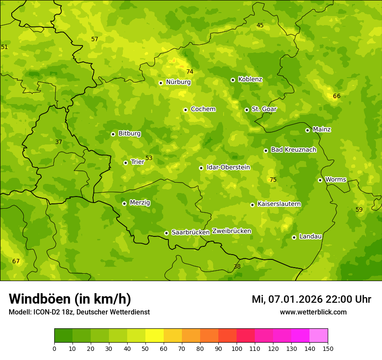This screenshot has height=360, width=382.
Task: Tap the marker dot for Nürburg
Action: (x=161, y=83)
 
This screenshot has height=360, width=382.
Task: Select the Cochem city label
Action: (x=203, y=109)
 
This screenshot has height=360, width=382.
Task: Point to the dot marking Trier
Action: (x=125, y=163)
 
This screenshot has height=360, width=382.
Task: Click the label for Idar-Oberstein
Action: (x=228, y=167)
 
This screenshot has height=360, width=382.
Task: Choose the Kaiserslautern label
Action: (x=279, y=204)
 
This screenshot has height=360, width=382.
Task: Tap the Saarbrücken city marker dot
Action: (x=166, y=233)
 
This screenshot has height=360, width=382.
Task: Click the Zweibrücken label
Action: (x=232, y=231)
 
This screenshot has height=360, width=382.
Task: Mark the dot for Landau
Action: (x=294, y=237)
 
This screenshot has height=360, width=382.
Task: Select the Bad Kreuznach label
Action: (x=293, y=150)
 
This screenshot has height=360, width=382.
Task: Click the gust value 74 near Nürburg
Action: (x=190, y=72)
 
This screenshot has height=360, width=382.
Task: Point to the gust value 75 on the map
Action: (x=273, y=180)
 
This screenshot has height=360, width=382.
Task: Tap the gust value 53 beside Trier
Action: (x=149, y=158)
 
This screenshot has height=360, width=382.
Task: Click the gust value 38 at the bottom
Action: (x=237, y=267)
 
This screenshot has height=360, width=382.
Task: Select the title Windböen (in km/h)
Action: (x=70, y=299)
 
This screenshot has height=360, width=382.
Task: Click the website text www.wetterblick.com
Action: (x=313, y=312)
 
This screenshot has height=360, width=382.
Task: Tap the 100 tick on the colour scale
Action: (x=237, y=348)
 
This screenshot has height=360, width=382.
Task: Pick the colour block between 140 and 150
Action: (x=319, y=335)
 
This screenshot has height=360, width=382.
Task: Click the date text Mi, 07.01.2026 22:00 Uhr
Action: (x=311, y=299)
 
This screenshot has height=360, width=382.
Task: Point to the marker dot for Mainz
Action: (x=307, y=130)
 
